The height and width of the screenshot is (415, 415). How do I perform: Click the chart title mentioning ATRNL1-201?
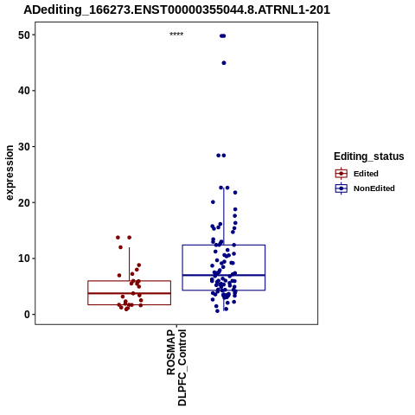(x=176, y=10)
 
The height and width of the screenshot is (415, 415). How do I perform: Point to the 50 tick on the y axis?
(x=24, y=35)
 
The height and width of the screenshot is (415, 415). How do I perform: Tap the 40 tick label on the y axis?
(x=24, y=91)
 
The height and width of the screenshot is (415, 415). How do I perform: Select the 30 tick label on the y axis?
(x=24, y=147)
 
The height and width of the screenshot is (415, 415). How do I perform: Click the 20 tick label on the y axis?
(x=24, y=202)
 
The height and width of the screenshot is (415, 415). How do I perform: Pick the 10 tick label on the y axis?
(x=24, y=259)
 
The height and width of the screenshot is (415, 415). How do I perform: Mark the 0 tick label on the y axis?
(x=27, y=315)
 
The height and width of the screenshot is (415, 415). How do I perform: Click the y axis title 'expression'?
(x=10, y=173)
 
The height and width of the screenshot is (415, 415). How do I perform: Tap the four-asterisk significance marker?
(x=176, y=35)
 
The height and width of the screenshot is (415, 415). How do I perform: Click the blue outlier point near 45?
(x=224, y=63)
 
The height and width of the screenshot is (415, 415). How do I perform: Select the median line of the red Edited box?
(x=130, y=293)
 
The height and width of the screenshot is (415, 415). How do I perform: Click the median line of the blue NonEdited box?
(x=224, y=275)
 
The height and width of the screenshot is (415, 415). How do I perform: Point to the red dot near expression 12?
(x=120, y=247)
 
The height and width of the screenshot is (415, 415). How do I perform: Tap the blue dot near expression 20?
(x=213, y=202)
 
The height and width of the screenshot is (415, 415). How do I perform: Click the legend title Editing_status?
(x=369, y=156)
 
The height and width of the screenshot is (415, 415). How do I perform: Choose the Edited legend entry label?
(x=366, y=174)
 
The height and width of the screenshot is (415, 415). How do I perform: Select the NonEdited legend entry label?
(x=374, y=188)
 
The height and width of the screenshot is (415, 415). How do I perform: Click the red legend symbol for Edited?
(x=342, y=174)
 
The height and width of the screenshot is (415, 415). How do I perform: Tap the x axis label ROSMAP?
(x=171, y=352)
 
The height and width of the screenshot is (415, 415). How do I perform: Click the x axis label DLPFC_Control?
(x=182, y=367)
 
